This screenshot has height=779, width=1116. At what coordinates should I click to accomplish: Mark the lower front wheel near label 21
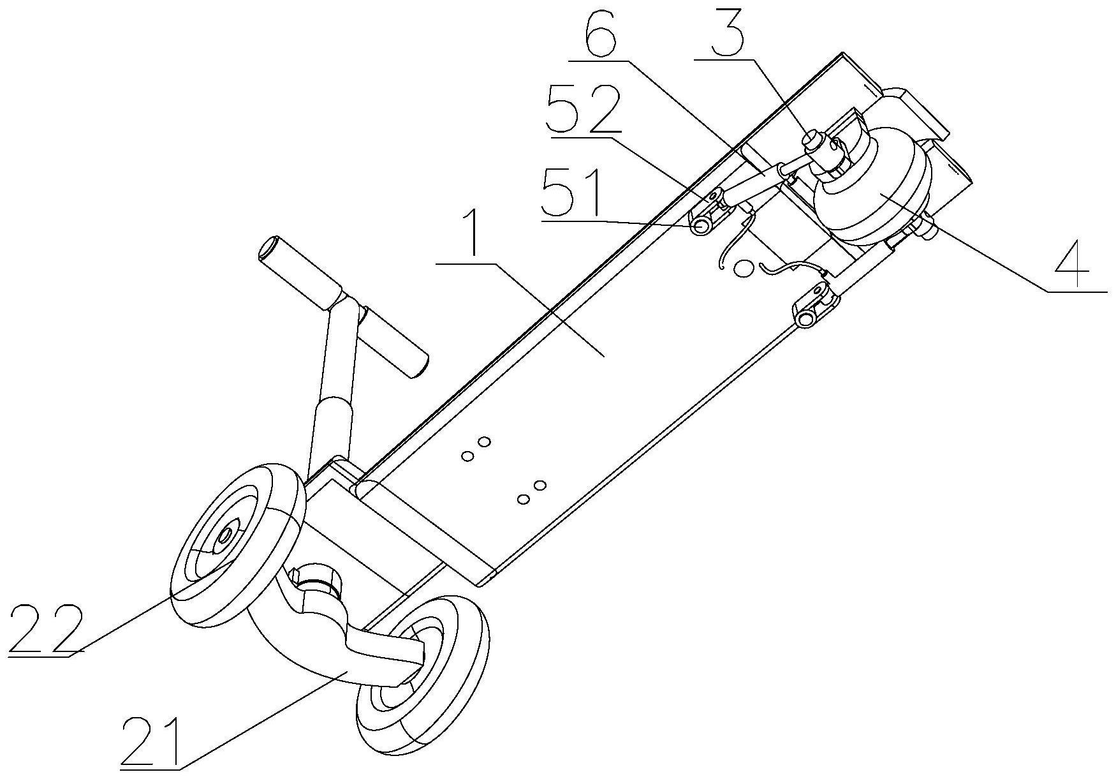(422, 683)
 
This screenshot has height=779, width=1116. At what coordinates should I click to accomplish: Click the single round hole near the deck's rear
(744, 267)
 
